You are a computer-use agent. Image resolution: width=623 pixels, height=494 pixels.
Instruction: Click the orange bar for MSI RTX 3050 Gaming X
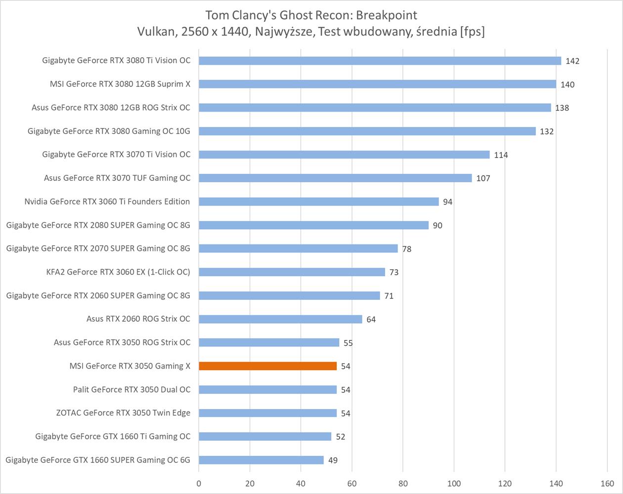267,366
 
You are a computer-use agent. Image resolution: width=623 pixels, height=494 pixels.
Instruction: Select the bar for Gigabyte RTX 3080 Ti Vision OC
380,61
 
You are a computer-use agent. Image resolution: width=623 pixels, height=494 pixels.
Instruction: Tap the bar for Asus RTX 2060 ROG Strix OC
280,319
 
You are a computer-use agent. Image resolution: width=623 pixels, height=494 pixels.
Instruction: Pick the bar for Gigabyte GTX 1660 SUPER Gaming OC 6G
261,460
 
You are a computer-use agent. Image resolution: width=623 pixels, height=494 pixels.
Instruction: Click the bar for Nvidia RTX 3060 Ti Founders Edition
318,202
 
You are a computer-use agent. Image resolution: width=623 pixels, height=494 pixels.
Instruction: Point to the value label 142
573,61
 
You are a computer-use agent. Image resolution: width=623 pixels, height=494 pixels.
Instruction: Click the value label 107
483,178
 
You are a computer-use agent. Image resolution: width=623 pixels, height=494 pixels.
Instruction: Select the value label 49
333,460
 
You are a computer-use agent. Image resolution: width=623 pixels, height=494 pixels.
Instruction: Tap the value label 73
394,272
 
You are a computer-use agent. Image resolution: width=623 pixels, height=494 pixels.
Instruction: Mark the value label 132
547,131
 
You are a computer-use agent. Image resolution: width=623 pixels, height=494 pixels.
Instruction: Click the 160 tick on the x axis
607,484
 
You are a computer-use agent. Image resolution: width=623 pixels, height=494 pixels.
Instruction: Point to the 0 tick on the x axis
199,484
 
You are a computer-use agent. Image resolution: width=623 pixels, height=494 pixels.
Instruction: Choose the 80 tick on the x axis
403,484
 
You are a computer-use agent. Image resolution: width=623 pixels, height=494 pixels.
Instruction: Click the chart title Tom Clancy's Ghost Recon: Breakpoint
311,15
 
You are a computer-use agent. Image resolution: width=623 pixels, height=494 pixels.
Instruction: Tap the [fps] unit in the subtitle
472,32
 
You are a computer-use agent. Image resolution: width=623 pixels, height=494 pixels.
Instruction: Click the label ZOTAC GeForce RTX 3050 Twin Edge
123,413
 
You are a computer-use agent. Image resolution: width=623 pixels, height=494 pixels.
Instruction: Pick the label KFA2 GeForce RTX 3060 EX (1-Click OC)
118,272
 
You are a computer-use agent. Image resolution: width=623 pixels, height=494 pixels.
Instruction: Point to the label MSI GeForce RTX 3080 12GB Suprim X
120,84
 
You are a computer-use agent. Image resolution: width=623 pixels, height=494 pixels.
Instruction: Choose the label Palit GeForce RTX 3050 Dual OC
132,389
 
